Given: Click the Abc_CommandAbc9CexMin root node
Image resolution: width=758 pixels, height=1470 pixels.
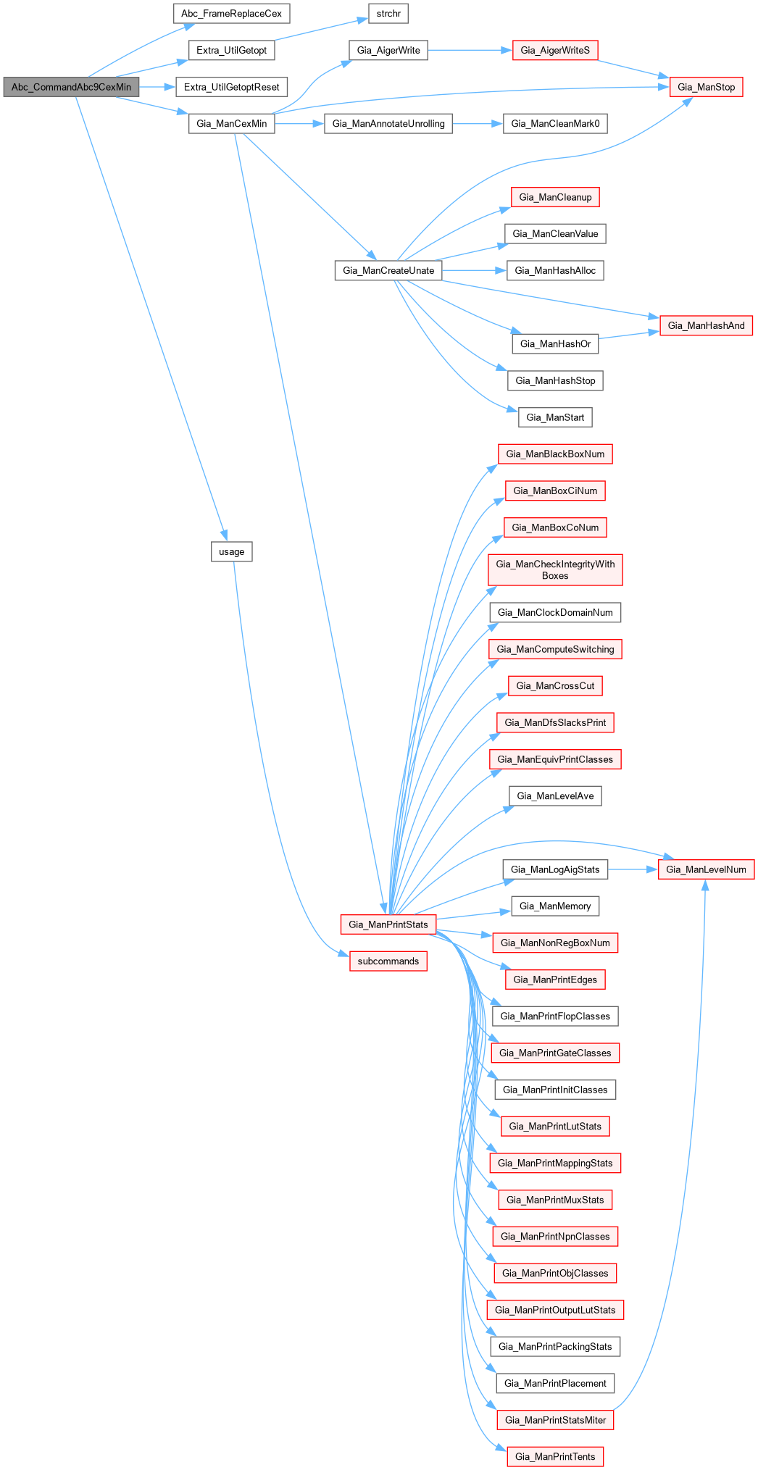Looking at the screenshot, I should tap(71, 87).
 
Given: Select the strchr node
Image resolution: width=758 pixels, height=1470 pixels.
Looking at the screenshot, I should tap(388, 14).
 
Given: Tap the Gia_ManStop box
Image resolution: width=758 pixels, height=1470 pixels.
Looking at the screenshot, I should tap(706, 87).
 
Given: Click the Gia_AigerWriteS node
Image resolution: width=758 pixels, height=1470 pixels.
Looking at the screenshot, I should tap(555, 51).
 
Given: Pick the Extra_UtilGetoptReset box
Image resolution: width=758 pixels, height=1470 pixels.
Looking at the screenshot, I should tap(231, 87).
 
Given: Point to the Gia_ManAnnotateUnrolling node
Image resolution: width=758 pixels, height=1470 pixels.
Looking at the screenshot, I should tap(388, 124).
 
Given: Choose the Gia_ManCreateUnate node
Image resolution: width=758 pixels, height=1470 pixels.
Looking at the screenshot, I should tap(388, 270).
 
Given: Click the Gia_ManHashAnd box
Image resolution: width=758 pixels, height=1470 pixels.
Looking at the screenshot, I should tap(706, 325).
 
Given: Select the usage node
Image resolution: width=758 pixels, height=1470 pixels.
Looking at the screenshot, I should tap(232, 552).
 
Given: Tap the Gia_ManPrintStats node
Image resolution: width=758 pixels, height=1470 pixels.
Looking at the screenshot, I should tap(388, 924).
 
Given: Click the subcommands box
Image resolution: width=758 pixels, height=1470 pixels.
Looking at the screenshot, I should tap(388, 961).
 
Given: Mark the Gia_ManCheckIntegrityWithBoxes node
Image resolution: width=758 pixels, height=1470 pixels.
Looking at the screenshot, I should tap(555, 570).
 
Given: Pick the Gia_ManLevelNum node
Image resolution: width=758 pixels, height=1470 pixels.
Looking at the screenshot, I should tap(706, 869).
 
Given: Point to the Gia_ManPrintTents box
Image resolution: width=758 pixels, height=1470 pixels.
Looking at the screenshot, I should tap(555, 1456).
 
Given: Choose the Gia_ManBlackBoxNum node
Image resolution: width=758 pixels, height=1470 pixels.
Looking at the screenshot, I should tap(555, 454).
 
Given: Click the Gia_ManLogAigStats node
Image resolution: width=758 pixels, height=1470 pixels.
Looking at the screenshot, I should tap(555, 869).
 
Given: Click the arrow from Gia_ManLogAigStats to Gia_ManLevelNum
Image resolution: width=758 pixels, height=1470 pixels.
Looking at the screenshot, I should tap(633, 869).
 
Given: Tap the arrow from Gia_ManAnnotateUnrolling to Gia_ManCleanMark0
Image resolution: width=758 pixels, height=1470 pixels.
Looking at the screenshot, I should tap(478, 124).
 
